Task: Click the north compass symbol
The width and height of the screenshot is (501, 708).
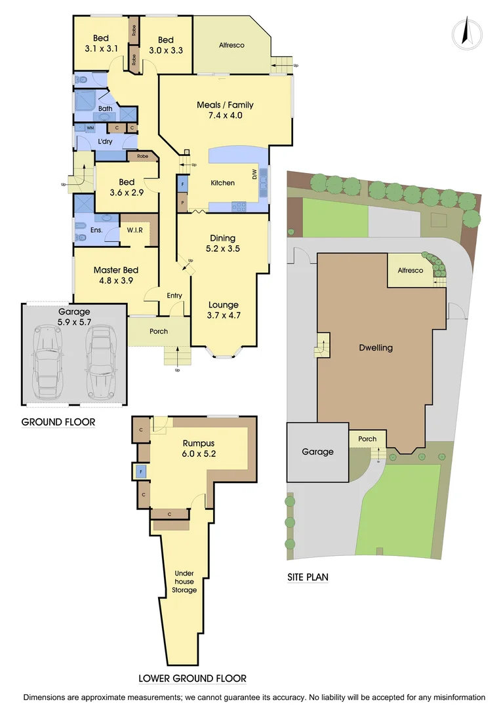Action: point(467,33)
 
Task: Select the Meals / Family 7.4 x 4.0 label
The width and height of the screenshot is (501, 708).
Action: point(225,110)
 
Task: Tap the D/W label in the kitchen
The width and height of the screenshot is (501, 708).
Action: point(254,174)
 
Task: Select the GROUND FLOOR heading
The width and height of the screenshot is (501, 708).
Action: point(58,422)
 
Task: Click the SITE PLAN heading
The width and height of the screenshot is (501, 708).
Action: point(308,578)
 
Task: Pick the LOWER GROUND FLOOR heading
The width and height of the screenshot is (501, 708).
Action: point(192,678)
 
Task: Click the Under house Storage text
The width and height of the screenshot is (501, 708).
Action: point(184,581)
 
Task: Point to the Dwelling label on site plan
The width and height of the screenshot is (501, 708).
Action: point(376,347)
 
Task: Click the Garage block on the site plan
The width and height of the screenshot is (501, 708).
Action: point(318,452)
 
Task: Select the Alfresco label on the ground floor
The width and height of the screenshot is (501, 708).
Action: point(231,45)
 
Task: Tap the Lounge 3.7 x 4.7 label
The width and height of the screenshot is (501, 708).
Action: point(224,310)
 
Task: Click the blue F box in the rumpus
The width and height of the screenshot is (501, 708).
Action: point(140,471)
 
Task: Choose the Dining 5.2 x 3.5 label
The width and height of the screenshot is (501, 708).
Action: point(222,244)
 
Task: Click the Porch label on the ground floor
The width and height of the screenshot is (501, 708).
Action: point(159,331)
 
